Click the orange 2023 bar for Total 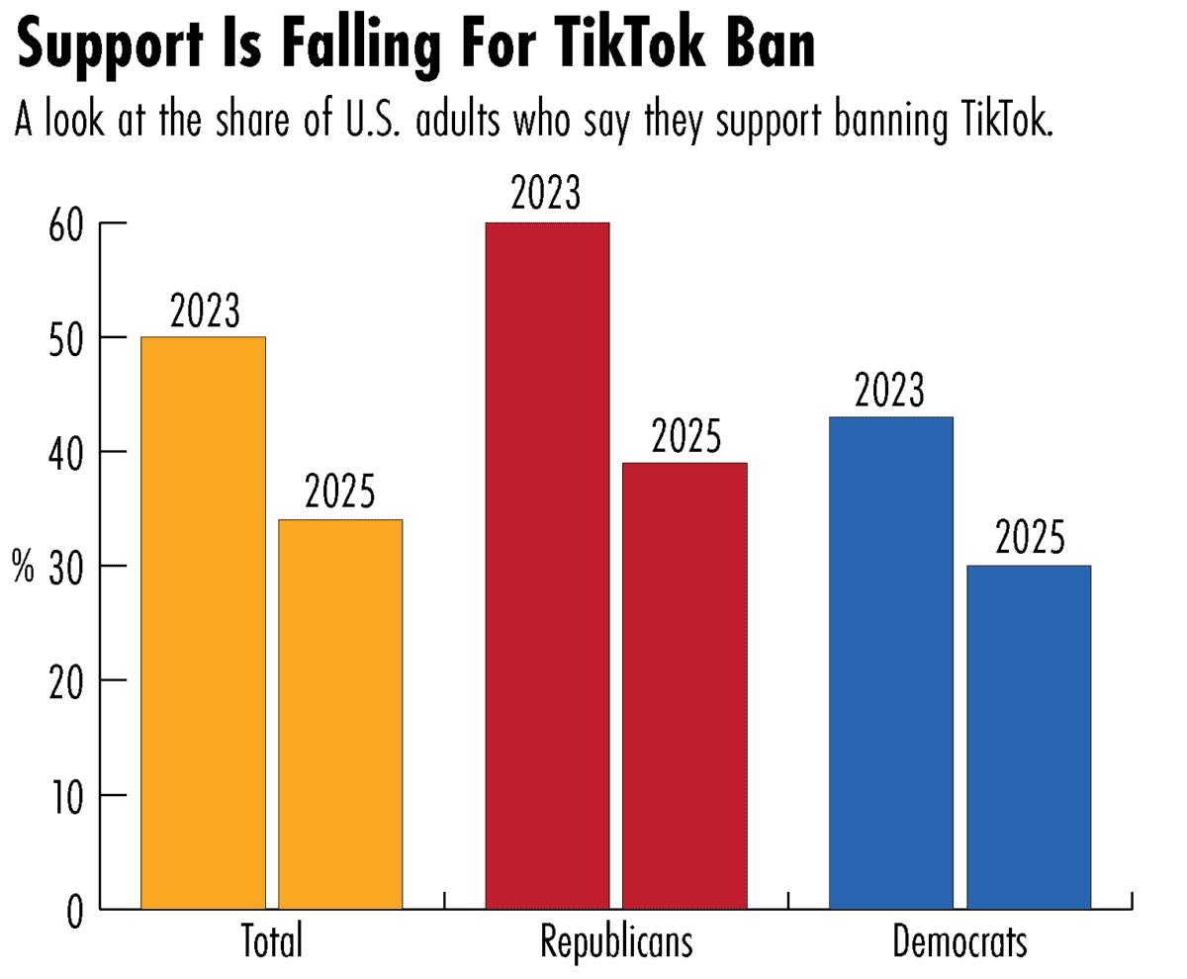coord(204,623)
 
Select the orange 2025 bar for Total coord(340,714)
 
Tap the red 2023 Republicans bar coord(547,566)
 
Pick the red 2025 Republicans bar coord(685,685)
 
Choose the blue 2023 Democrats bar coord(890,663)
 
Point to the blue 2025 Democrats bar coord(1029,737)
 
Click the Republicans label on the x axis coord(616,941)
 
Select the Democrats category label coord(959,941)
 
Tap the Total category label coord(272,941)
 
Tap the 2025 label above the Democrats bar coord(1029,540)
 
